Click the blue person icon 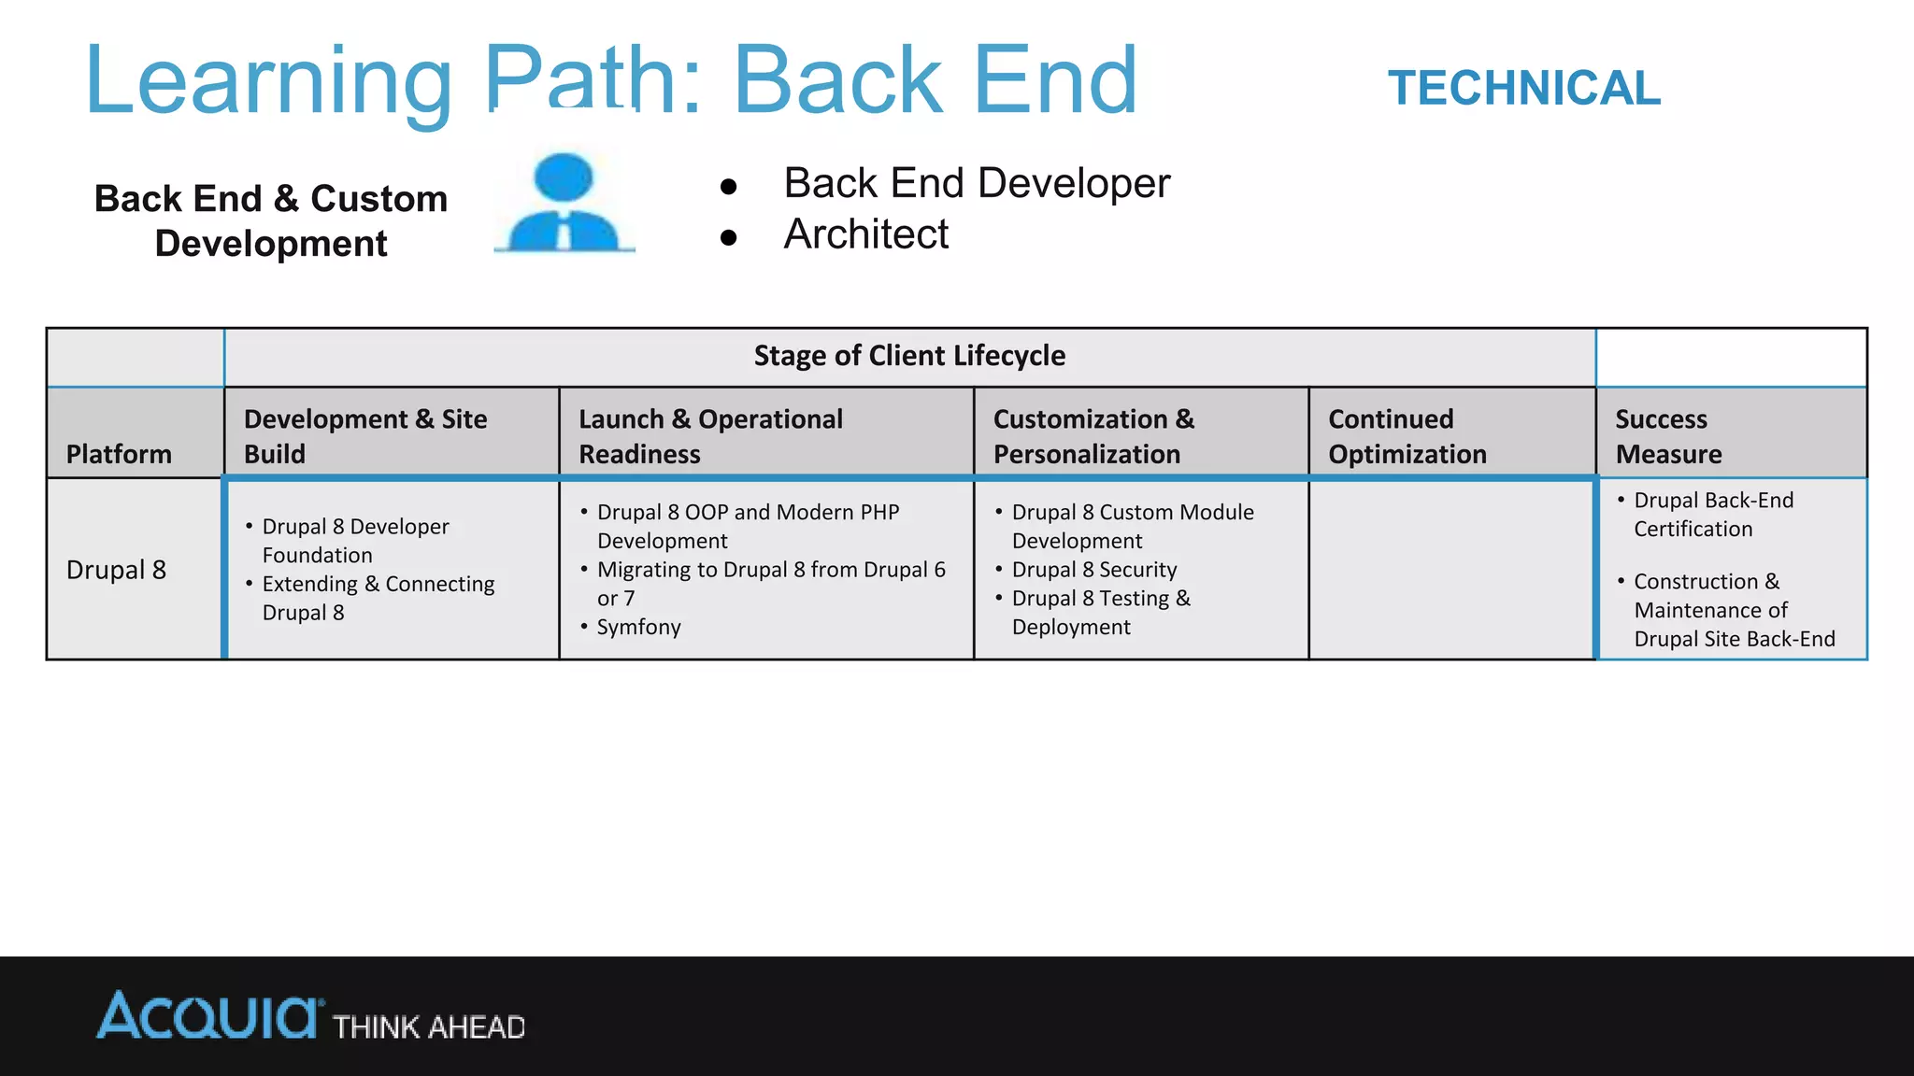pyautogui.click(x=564, y=203)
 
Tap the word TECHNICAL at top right pyautogui.click(x=1523, y=89)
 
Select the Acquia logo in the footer pyautogui.click(x=209, y=1016)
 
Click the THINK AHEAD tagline pyautogui.click(x=429, y=1027)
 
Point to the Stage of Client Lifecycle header pyautogui.click(x=909, y=356)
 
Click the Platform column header pyautogui.click(x=119, y=454)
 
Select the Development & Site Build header pyautogui.click(x=365, y=436)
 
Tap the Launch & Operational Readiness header pyautogui.click(x=710, y=436)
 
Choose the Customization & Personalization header pyautogui.click(x=1093, y=436)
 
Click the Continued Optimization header pyautogui.click(x=1407, y=436)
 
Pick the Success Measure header pyautogui.click(x=1668, y=436)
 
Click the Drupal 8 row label pyautogui.click(x=116, y=570)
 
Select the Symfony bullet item pyautogui.click(x=639, y=627)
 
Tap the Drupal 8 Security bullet pyautogui.click(x=1093, y=570)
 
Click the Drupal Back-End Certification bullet pyautogui.click(x=1713, y=515)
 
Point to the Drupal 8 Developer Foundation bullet pyautogui.click(x=355, y=541)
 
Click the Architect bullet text pyautogui.click(x=865, y=234)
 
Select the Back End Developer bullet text pyautogui.click(x=977, y=183)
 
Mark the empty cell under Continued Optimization pyautogui.click(x=1452, y=570)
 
